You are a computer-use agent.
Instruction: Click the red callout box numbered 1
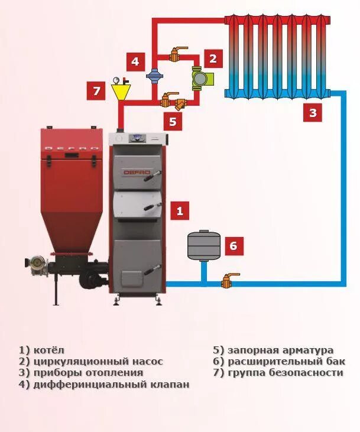pos(180,210)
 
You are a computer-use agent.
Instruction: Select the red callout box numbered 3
pos(313,112)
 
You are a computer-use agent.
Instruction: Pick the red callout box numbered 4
pos(135,61)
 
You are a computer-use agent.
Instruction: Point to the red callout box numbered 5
pos(173,121)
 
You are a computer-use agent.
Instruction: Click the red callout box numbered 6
pos(233,246)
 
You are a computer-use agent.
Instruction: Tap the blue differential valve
pos(154,76)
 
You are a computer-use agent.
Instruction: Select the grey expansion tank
pos(203,246)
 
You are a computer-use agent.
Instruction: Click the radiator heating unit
pos(277,56)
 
